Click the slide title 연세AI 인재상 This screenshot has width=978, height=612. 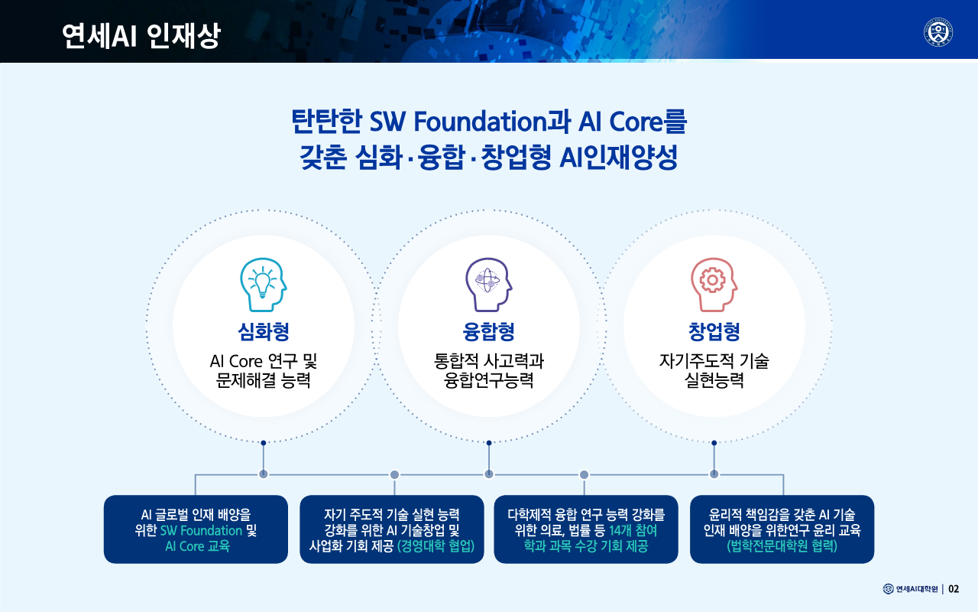pyautogui.click(x=141, y=35)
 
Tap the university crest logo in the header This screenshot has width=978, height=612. pyautogui.click(x=938, y=32)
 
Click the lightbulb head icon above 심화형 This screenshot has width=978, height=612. pyautogui.click(x=264, y=285)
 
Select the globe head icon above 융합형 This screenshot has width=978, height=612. pyautogui.click(x=488, y=285)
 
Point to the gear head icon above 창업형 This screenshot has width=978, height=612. pyautogui.click(x=714, y=285)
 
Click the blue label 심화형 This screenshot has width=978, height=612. pyautogui.click(x=264, y=331)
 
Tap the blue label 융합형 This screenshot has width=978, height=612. pyautogui.click(x=488, y=331)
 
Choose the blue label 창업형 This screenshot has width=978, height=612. pyautogui.click(x=714, y=331)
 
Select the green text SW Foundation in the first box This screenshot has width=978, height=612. pyautogui.click(x=201, y=531)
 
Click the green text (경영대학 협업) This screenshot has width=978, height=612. pyautogui.click(x=436, y=546)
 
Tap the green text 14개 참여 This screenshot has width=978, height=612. pyautogui.click(x=633, y=531)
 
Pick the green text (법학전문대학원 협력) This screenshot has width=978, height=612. pyautogui.click(x=782, y=546)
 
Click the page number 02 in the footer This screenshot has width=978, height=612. pyautogui.click(x=954, y=589)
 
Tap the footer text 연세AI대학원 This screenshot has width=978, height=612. pyautogui.click(x=917, y=589)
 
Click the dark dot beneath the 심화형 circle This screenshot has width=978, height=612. pyautogui.click(x=264, y=443)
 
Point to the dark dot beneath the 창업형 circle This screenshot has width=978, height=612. pyautogui.click(x=714, y=443)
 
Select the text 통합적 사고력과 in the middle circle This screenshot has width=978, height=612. pyautogui.click(x=488, y=361)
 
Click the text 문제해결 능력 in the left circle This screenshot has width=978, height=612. pyautogui.click(x=264, y=380)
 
